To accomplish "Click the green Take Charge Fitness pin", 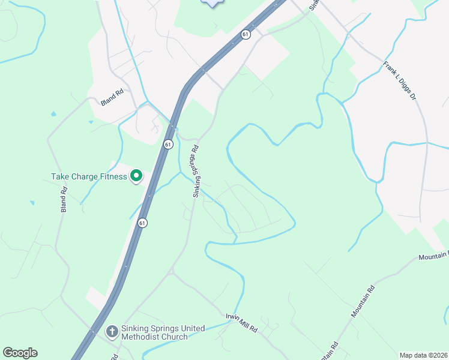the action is coord(136,176).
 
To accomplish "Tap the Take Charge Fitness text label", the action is coord(89,176).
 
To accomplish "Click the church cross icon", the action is coord(112,332).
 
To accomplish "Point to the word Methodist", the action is coord(147,337).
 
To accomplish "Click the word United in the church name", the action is coord(190,328).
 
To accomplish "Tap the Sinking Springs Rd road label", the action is coord(195,171).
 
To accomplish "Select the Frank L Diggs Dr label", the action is coord(400,80).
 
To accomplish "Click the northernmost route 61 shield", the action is coord(246,35).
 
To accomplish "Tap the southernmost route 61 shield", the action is coord(142,223).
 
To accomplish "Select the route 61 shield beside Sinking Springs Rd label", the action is coord(168,144).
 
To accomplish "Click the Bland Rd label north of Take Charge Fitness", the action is coord(112,97).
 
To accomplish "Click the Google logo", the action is coord(20,353).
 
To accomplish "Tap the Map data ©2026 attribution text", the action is coord(423,355).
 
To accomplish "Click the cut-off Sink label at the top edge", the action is coord(313,5).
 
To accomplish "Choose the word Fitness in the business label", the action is coord(114,176).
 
